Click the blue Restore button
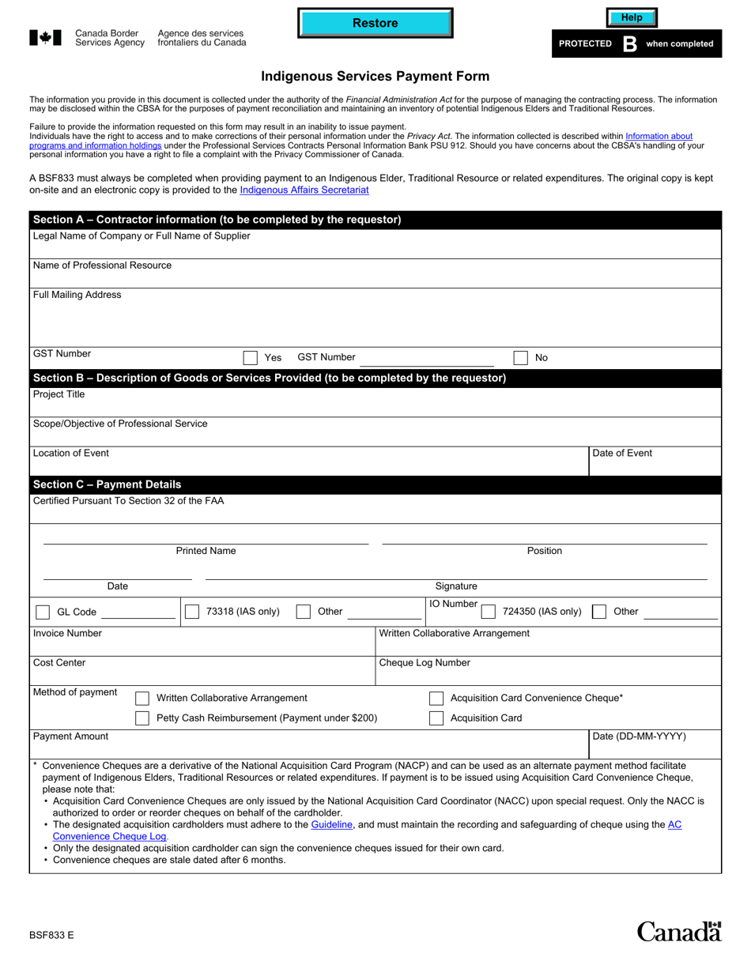tap(375, 23)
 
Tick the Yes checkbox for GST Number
tap(251, 358)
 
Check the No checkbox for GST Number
tap(520, 358)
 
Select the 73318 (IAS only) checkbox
tap(191, 612)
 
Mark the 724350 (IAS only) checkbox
tap(489, 612)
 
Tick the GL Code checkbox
tap(43, 612)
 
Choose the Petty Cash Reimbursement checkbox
tap(142, 718)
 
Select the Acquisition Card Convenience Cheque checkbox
tap(436, 699)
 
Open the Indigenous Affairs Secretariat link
tap(304, 190)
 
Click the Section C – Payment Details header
tap(108, 484)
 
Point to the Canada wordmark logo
tap(679, 932)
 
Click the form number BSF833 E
tap(52, 935)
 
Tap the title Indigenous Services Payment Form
tap(375, 77)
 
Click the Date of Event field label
tap(622, 454)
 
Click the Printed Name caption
tap(206, 551)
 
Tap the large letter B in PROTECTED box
tap(629, 44)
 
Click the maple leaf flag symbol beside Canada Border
tap(45, 37)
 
